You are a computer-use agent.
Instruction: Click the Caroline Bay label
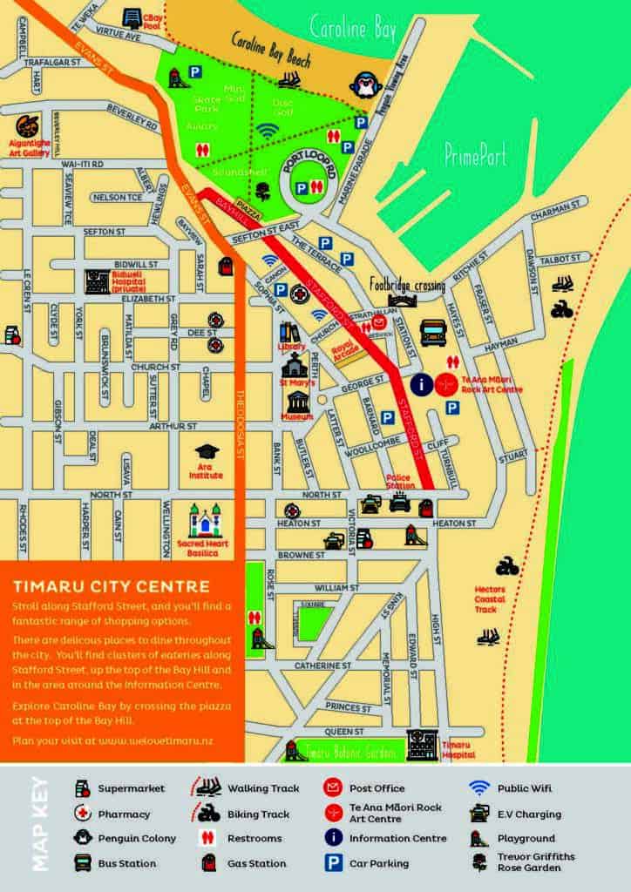352,30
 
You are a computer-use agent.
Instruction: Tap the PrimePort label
475,156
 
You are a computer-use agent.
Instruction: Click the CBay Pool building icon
132,18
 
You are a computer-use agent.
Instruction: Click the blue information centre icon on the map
421,383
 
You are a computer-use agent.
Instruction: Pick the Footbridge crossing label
406,284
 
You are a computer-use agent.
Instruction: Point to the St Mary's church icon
295,364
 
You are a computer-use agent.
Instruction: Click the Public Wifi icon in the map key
478,787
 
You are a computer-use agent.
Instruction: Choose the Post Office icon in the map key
332,788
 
